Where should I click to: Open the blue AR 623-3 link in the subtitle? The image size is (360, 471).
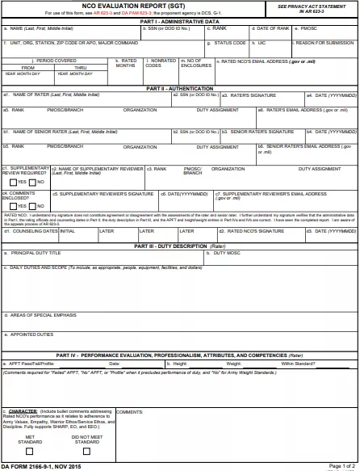(103, 13)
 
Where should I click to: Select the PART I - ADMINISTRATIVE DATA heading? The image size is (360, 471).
(179, 22)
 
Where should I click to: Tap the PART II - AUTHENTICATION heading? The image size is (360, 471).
(179, 87)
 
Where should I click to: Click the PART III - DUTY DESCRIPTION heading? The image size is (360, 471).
(179, 246)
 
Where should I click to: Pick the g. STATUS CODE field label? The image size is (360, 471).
(227, 42)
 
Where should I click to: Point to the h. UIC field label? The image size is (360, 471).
(258, 42)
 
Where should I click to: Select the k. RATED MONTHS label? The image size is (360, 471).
(126, 62)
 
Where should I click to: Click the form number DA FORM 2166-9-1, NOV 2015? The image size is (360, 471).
(40, 466)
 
